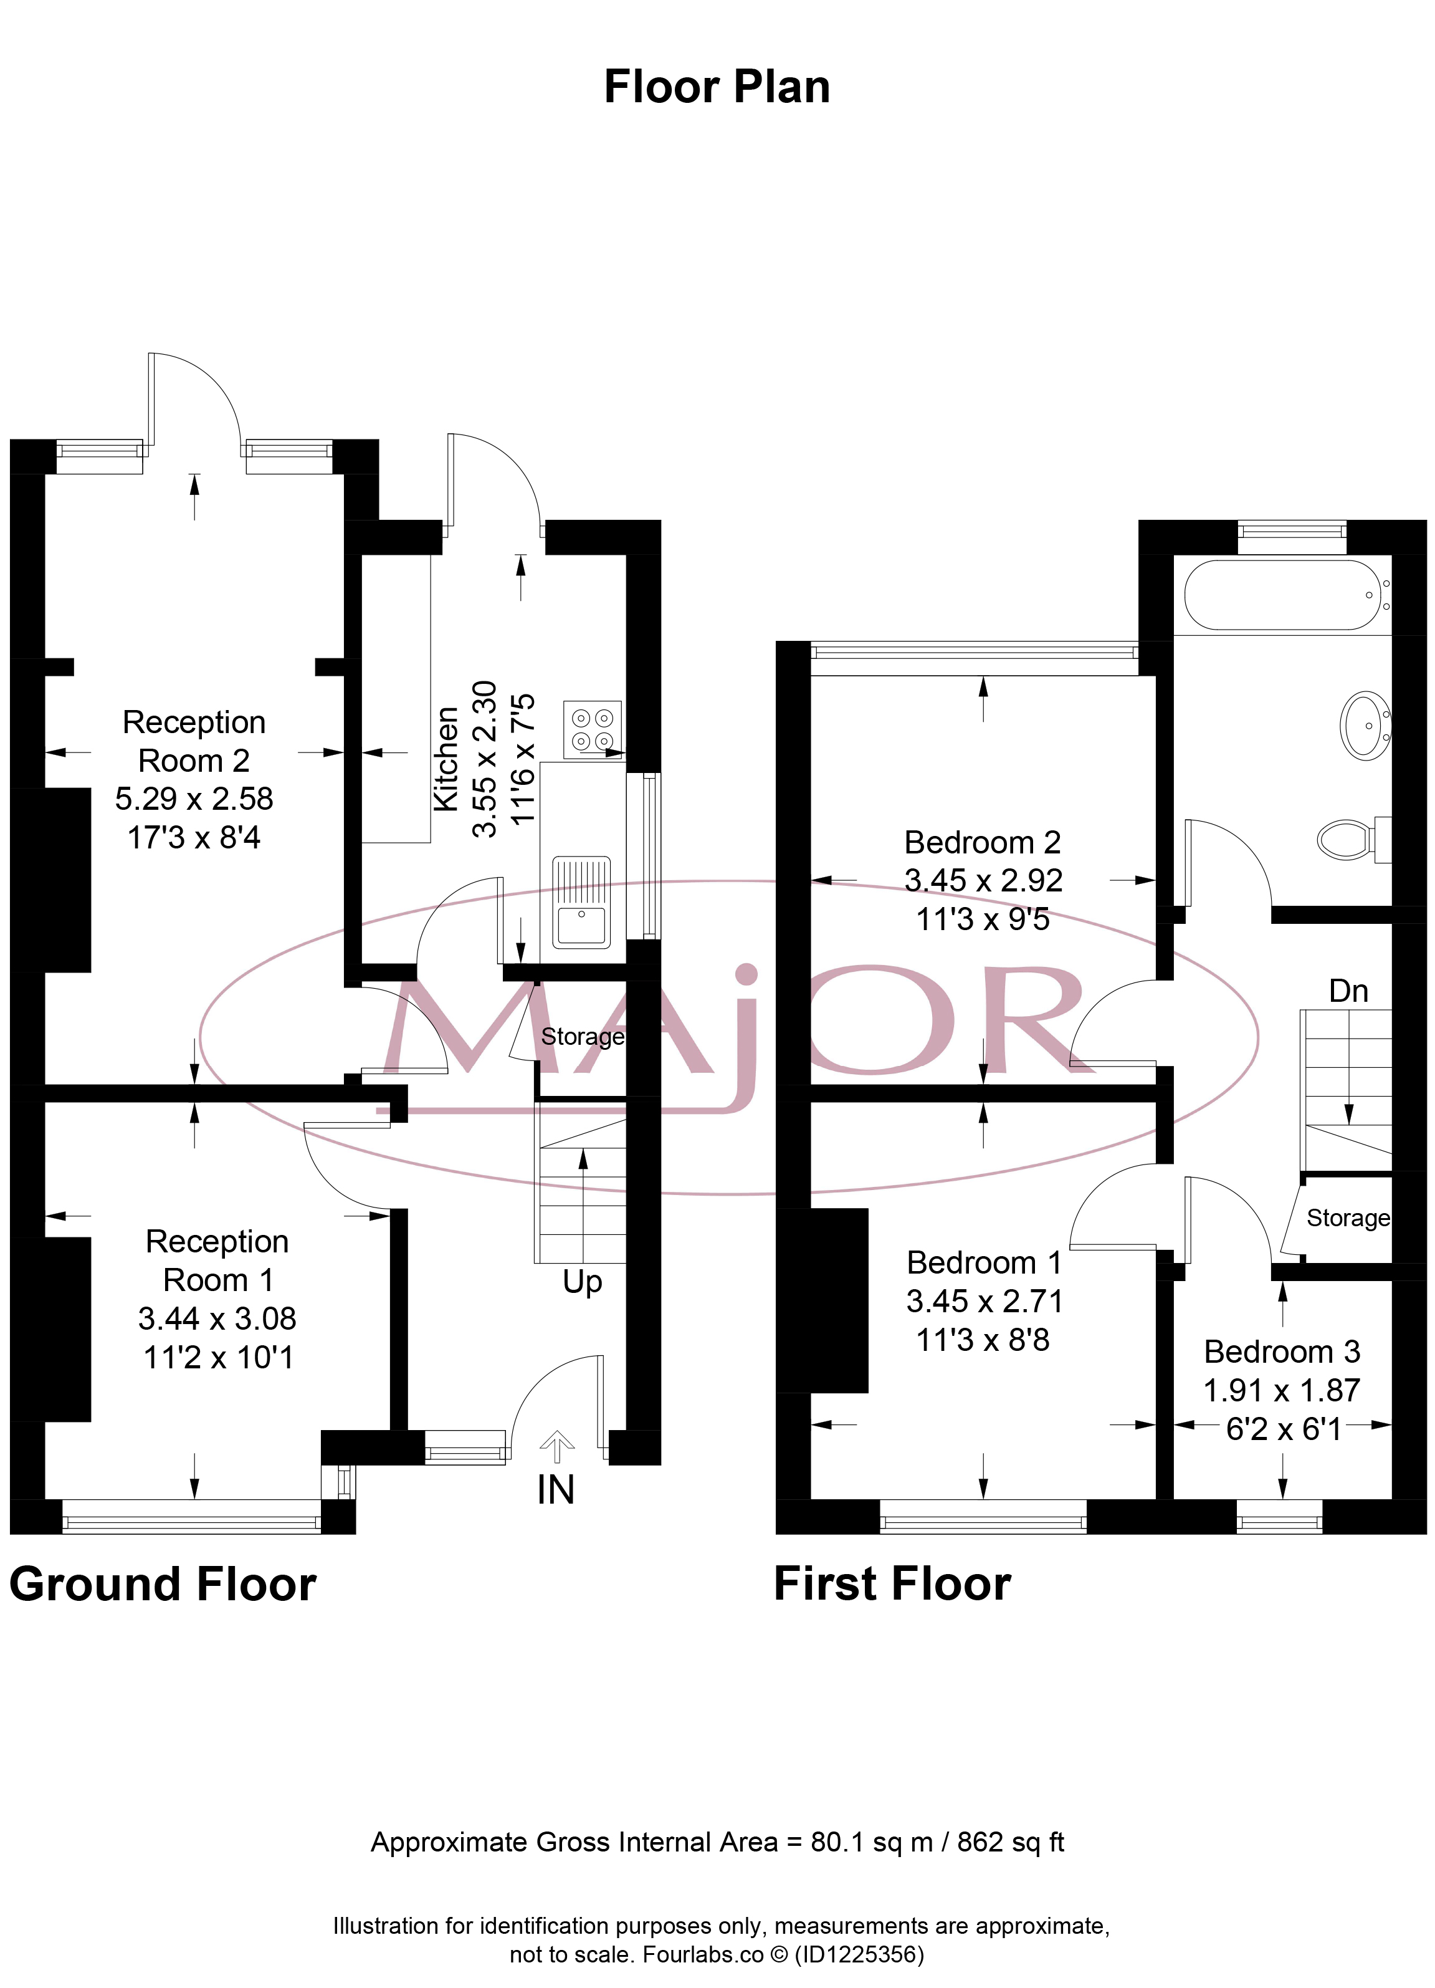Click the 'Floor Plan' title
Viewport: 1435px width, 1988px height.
pos(717,87)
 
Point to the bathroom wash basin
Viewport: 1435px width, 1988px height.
pos(1365,725)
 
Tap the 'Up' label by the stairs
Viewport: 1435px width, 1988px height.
pos(583,1282)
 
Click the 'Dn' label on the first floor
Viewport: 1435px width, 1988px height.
pos(1348,991)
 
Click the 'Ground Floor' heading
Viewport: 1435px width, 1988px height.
pos(163,1584)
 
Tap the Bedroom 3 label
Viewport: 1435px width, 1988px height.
pos(1282,1352)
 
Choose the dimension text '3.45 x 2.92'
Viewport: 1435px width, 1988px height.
pos(983,880)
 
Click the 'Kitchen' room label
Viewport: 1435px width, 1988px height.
pos(446,759)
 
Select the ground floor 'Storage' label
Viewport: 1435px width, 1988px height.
pos(583,1037)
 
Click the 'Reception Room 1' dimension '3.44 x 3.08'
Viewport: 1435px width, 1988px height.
pos(217,1318)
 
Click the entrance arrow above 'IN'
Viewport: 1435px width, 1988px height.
pos(557,1447)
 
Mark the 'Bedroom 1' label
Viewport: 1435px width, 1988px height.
pos(984,1262)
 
